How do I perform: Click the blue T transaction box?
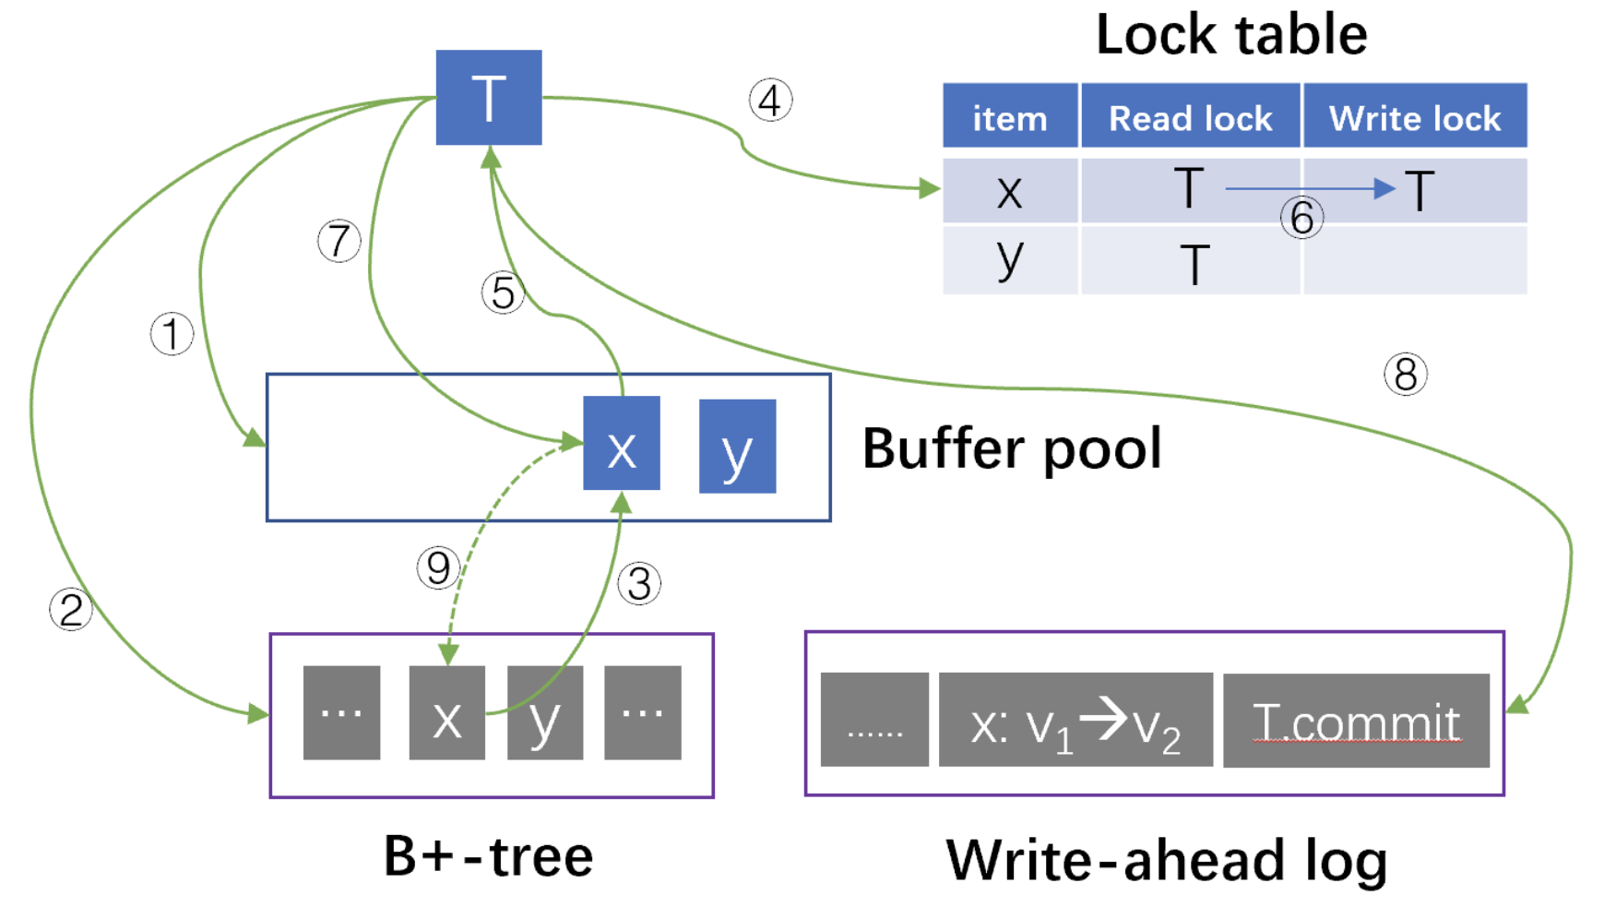488,97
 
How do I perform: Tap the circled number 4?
770,100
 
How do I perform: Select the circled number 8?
1405,375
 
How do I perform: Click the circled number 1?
172,334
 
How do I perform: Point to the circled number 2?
71,610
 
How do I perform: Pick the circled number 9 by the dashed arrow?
438,567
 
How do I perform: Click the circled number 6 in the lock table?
1301,218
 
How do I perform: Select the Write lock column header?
1414,117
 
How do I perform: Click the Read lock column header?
1190,117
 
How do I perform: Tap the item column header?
1009,117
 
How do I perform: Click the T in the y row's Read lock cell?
1194,265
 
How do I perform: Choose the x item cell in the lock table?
1009,191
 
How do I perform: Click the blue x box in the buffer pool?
621,443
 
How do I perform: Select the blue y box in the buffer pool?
737,447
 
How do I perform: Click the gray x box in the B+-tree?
446,712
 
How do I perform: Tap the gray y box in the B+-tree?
544,712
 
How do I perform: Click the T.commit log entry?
1355,721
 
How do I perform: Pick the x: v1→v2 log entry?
1075,721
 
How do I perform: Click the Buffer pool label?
1012,449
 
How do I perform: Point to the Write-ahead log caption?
1166,860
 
